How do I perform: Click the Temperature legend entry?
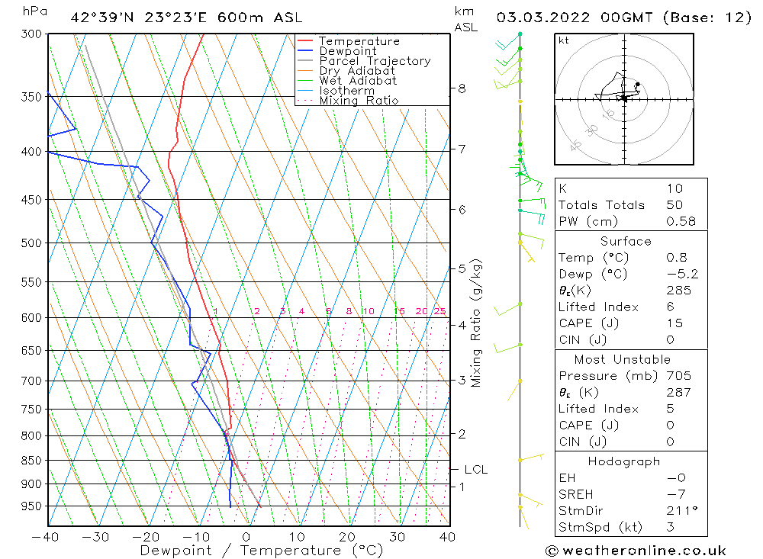click(359, 41)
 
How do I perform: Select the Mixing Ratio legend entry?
click(359, 100)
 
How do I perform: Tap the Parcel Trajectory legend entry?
click(375, 61)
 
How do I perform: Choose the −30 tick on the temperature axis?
click(96, 537)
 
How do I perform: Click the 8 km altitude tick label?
click(462, 88)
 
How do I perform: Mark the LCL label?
click(475, 470)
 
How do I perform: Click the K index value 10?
click(674, 188)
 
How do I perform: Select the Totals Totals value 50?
click(674, 204)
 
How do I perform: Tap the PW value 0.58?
click(681, 221)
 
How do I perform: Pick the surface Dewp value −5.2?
click(682, 274)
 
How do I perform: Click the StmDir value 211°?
click(681, 510)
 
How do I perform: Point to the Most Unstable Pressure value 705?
click(678, 376)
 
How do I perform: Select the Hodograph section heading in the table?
click(625, 461)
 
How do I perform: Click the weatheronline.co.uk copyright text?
click(636, 551)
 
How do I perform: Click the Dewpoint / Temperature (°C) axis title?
click(262, 551)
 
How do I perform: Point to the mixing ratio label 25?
click(439, 311)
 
